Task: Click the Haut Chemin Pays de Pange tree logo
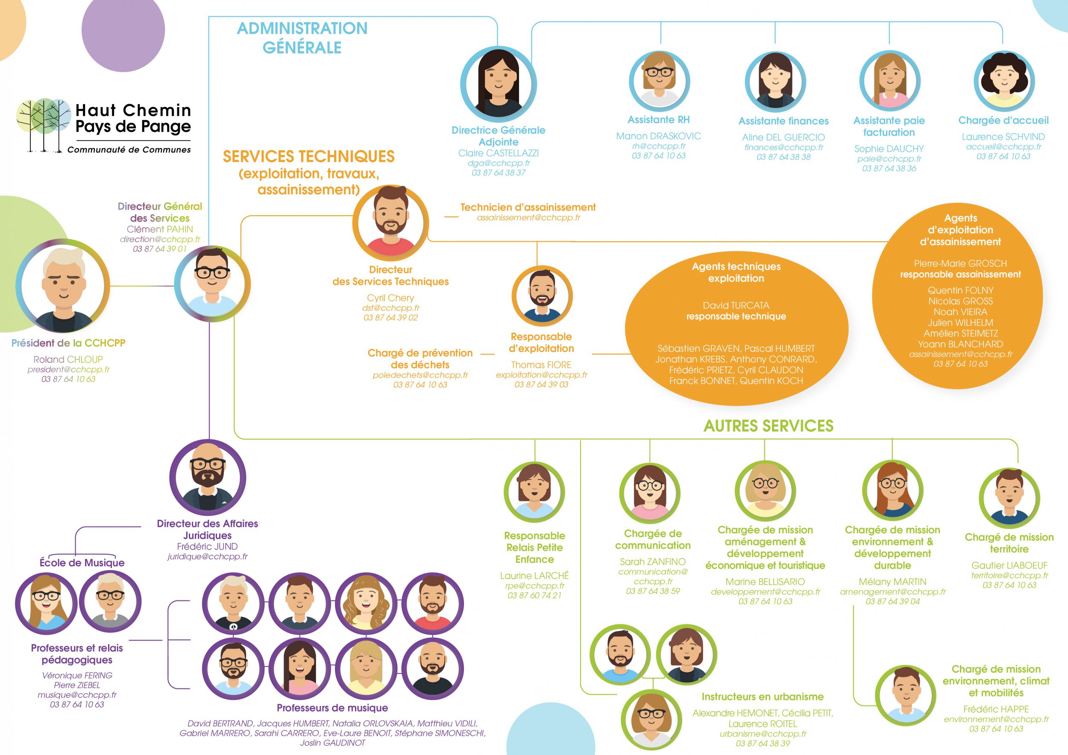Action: tap(43, 125)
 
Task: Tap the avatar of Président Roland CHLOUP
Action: tap(63, 286)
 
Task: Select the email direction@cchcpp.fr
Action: tap(160, 240)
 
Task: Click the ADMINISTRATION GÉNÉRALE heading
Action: tap(302, 38)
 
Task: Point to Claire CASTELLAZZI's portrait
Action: tap(499, 85)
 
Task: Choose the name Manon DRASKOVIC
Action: tap(658, 136)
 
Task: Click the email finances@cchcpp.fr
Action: tap(783, 147)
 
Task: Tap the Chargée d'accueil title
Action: tap(1003, 120)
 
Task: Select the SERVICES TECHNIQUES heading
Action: tap(308, 157)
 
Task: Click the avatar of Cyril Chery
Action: tap(390, 223)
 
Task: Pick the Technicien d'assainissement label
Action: tap(528, 208)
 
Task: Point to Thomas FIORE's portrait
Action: tap(542, 296)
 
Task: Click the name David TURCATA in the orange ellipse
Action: tap(736, 305)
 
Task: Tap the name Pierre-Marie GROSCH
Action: tap(960, 263)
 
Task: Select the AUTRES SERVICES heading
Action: tap(769, 426)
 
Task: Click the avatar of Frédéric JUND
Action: tap(208, 477)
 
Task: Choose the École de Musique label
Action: tap(82, 563)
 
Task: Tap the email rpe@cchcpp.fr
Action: tap(534, 586)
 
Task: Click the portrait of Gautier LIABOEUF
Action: tap(1009, 498)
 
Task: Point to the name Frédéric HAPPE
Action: tap(996, 709)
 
